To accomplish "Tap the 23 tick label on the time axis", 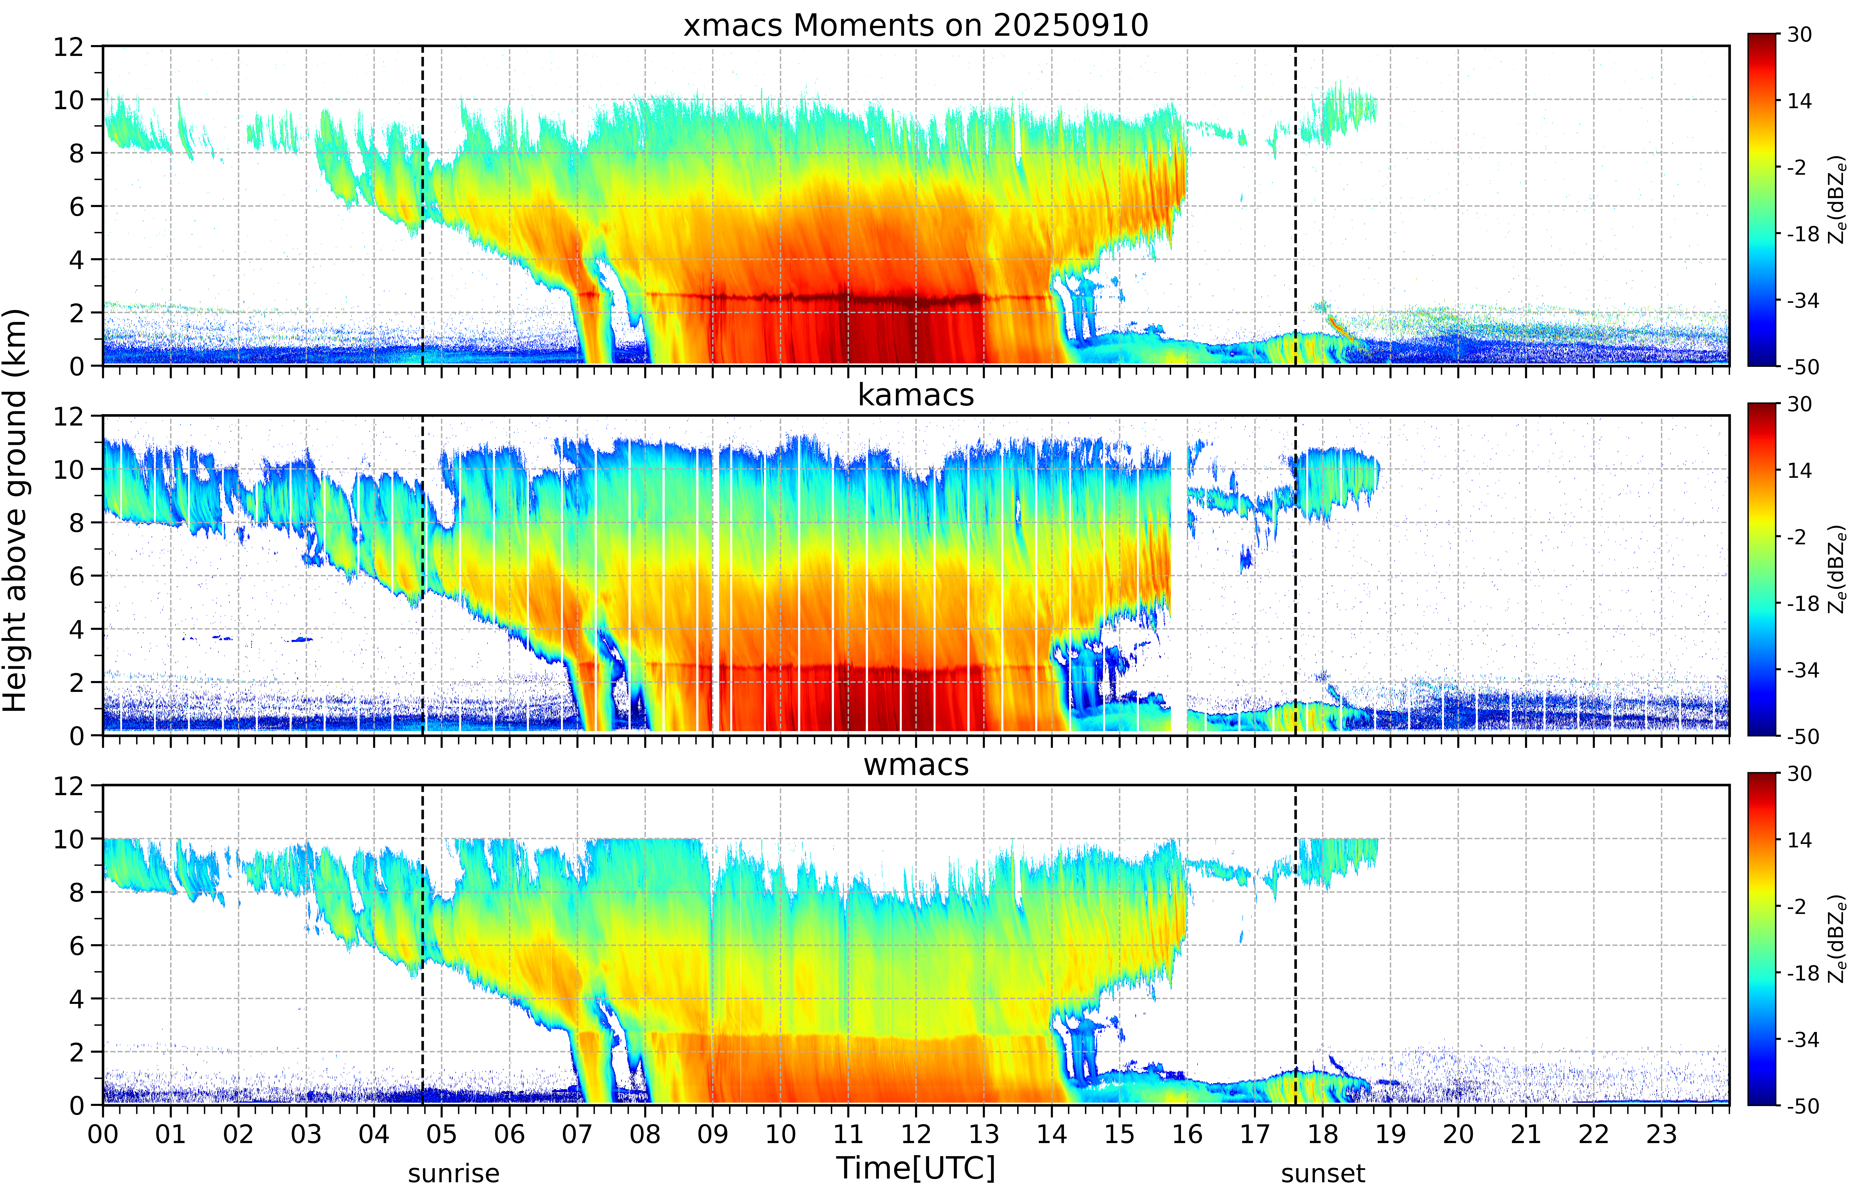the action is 1661,1134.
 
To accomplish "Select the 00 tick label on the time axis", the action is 103,1134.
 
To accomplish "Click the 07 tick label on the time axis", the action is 577,1134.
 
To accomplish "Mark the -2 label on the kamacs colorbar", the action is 1796,536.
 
